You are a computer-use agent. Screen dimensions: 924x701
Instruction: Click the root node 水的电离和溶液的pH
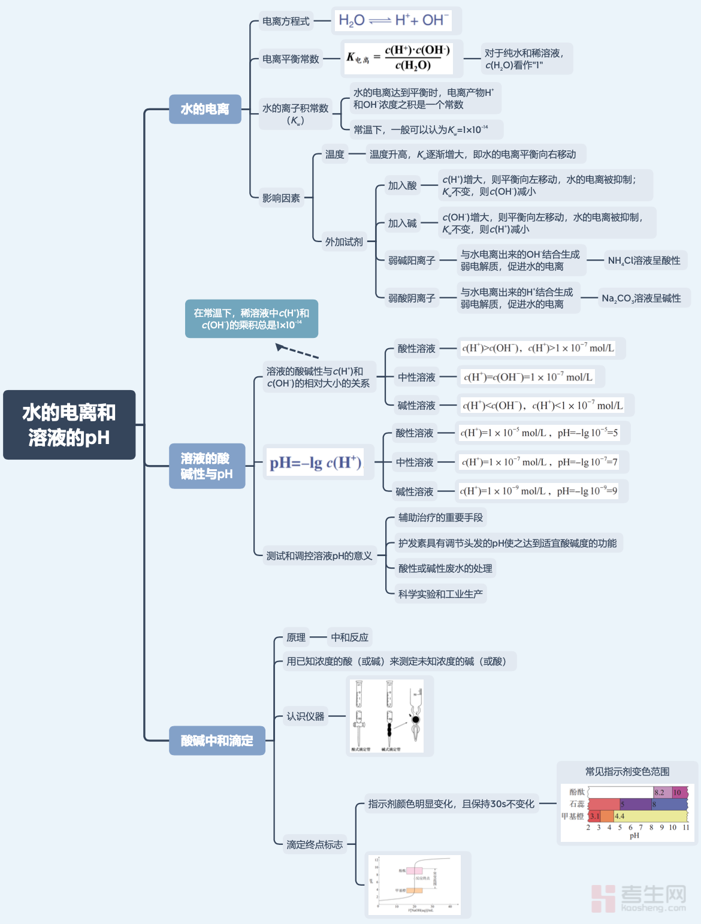tap(70, 425)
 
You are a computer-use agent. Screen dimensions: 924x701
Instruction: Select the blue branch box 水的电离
tap(205, 109)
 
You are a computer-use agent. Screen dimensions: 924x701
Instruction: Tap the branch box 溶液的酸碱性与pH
tap(207, 466)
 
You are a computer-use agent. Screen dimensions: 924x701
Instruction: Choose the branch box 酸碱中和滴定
tap(217, 741)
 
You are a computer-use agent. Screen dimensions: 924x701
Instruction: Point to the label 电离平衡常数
tap(291, 59)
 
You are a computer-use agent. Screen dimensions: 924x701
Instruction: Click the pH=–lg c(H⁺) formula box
tap(316, 463)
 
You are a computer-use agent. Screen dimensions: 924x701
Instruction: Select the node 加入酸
tap(402, 186)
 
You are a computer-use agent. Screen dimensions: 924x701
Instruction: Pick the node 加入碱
tap(402, 224)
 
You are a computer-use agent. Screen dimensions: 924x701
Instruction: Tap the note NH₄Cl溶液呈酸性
tap(644, 261)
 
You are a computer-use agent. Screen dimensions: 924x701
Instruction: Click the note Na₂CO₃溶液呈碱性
tap(641, 298)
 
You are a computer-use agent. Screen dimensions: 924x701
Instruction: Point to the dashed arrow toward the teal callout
tap(297, 351)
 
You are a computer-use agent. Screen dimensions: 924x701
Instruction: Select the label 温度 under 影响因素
tap(334, 155)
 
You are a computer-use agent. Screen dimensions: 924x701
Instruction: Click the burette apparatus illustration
tap(389, 715)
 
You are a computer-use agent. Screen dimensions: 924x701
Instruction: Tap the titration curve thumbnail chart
tap(418, 884)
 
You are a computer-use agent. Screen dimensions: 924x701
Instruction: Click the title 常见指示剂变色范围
tap(627, 772)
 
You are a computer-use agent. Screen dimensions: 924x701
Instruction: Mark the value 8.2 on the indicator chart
tap(659, 792)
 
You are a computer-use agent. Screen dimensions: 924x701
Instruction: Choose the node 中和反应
tap(350, 638)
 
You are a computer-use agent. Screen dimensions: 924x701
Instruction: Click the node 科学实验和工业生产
tap(440, 594)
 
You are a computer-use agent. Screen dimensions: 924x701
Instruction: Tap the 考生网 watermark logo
tap(639, 898)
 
